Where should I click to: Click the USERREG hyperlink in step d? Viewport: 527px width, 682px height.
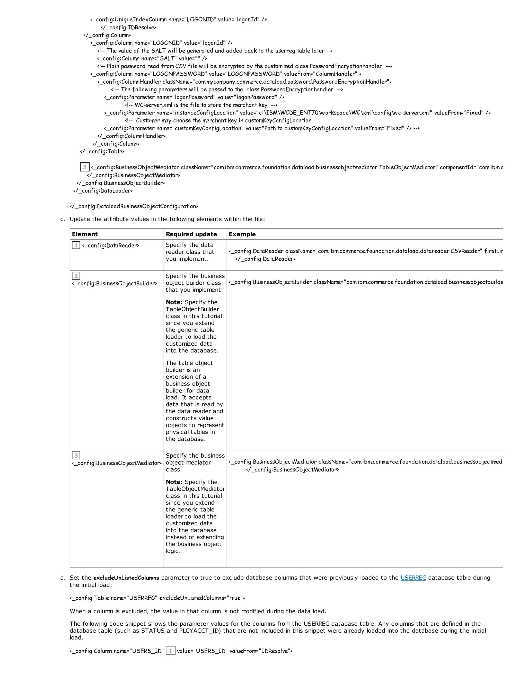[x=413, y=578]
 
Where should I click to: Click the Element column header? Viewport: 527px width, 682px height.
[x=85, y=234]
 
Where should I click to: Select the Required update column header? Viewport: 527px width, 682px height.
[x=191, y=234]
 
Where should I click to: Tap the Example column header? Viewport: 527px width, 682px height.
[x=242, y=234]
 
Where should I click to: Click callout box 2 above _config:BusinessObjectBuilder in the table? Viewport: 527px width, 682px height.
[x=76, y=276]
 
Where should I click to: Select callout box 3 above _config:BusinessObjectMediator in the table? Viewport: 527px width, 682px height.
[x=76, y=455]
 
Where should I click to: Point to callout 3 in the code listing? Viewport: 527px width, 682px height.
[x=85, y=167]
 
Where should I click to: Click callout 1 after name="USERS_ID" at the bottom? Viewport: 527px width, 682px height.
[x=170, y=651]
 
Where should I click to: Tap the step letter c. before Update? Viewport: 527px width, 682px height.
[x=63, y=219]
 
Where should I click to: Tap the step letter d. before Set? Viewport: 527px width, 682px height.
[x=63, y=578]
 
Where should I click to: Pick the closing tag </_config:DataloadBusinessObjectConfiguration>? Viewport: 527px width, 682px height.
[x=134, y=206]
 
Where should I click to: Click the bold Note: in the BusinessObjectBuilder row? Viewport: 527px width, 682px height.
[x=174, y=302]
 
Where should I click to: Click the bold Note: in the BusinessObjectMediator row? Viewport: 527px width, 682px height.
[x=174, y=482]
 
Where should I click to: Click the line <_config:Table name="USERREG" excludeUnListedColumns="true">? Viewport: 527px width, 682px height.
[x=157, y=598]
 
